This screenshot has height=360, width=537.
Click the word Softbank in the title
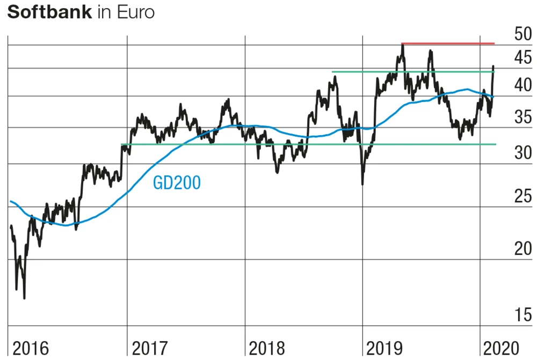click(49, 12)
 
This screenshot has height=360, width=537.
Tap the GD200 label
click(177, 183)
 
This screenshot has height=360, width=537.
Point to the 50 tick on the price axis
click(523, 35)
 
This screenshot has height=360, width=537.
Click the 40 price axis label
click(523, 85)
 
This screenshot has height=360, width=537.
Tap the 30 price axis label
click(523, 153)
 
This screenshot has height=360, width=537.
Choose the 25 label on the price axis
click(523, 196)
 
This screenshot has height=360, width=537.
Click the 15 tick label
click(523, 315)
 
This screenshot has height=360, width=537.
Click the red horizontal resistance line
click(448, 43)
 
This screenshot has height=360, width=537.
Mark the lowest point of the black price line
click(24, 298)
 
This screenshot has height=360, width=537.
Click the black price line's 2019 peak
click(402, 45)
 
